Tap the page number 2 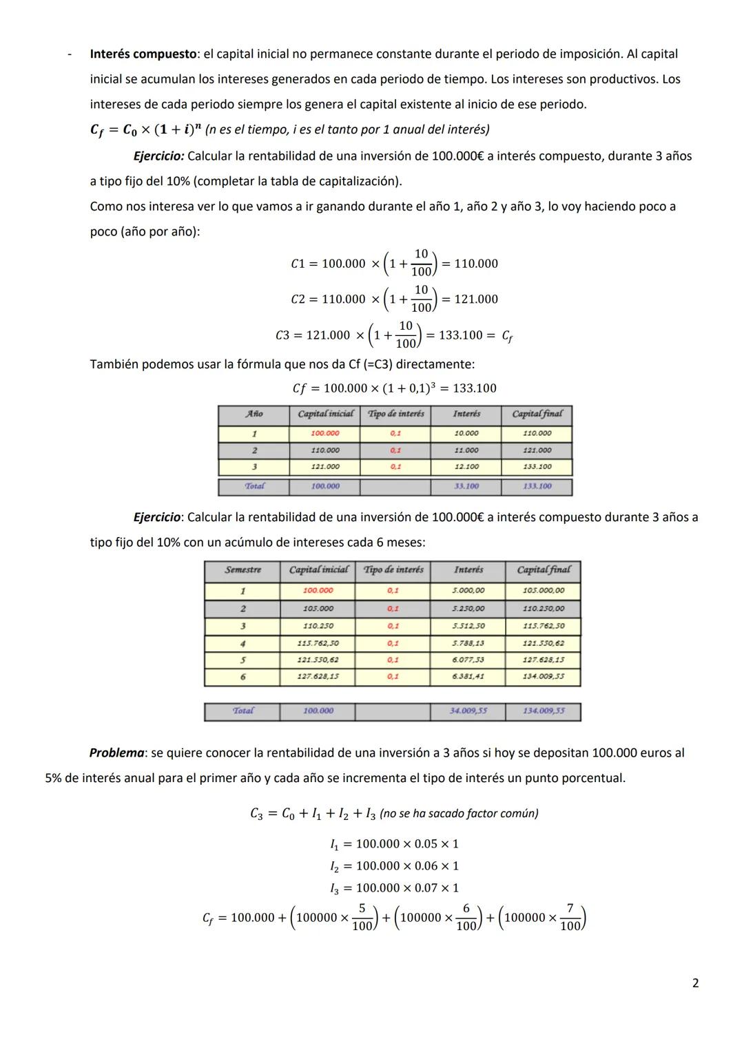coord(695,982)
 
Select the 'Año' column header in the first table coord(254,414)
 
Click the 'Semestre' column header coord(242,570)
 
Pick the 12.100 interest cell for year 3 coord(466,467)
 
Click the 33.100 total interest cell coord(466,486)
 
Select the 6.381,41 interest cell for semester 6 coord(468,677)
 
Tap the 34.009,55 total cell coord(468,711)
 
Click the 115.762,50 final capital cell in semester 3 coord(543,626)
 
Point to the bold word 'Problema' coord(116,753)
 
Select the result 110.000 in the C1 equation coord(476,264)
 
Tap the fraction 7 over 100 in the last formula coord(570,917)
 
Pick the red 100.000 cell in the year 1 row coord(324,434)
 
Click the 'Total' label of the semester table coord(242,711)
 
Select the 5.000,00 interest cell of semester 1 coord(468,591)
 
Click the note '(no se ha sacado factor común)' coord(459,813)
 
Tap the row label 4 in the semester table coord(242,643)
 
